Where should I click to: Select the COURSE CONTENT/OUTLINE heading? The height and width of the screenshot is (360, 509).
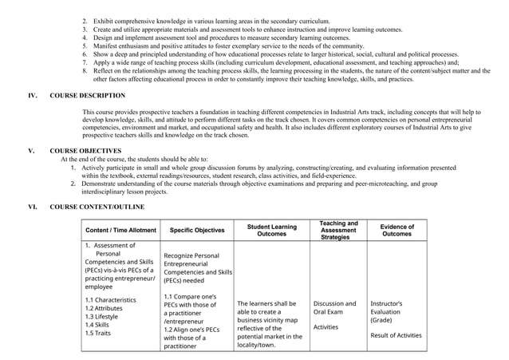97,207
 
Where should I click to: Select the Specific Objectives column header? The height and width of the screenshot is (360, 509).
196,231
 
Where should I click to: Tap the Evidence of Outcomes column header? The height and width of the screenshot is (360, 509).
397,231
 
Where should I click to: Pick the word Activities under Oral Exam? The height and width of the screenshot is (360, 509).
326,326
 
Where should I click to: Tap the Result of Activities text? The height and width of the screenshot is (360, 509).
396,335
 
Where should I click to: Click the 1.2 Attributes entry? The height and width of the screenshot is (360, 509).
104,308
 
